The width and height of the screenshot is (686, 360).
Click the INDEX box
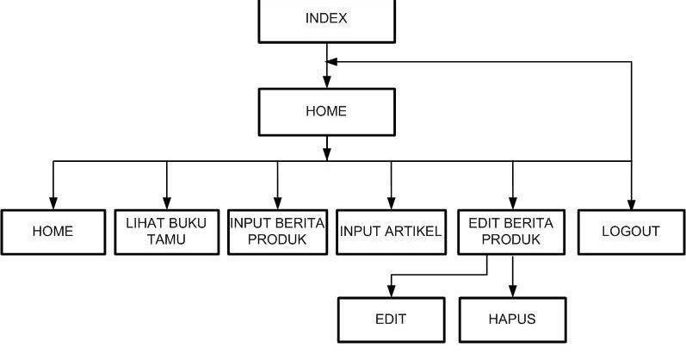(x=326, y=19)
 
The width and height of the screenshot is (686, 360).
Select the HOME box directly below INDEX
(x=326, y=111)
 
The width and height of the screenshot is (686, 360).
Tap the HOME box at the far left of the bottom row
(x=53, y=231)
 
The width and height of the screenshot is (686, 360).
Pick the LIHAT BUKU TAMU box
(x=166, y=231)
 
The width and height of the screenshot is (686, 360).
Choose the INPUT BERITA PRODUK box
(x=277, y=231)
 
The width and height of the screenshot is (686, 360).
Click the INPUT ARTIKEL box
(x=391, y=231)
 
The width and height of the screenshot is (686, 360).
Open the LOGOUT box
(x=631, y=231)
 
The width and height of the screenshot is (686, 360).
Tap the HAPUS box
(x=512, y=319)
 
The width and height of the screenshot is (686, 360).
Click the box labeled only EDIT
(x=391, y=319)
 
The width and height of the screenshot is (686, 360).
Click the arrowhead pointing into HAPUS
(x=512, y=291)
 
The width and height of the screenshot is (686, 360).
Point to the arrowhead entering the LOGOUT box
(x=631, y=203)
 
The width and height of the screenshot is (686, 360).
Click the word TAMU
(x=166, y=239)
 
